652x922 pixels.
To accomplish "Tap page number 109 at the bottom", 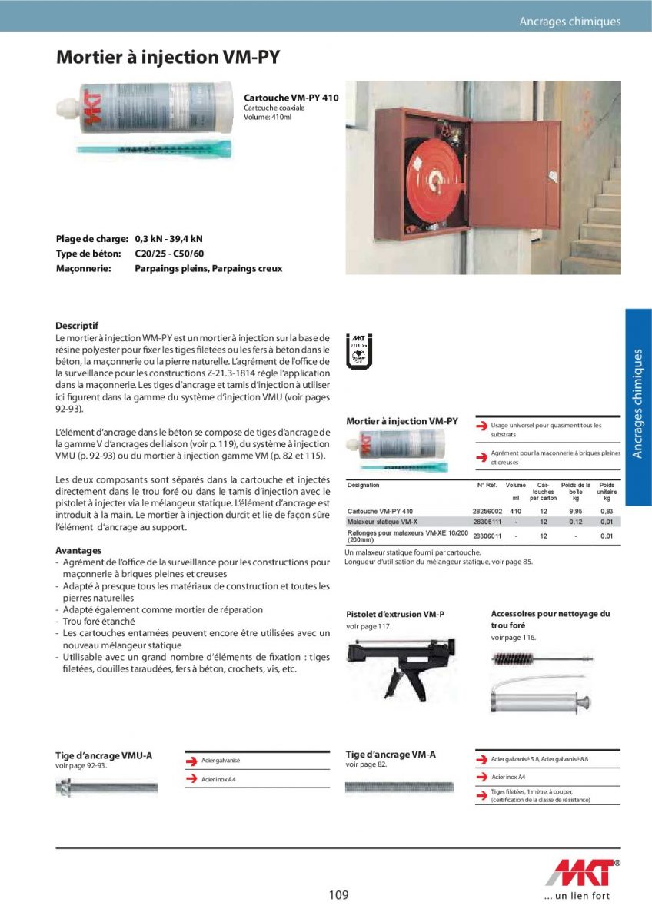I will (338, 895).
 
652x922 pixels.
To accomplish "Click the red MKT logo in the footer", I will (584, 874).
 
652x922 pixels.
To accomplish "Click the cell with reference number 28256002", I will (487, 511).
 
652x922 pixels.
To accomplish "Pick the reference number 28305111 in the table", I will (487, 522).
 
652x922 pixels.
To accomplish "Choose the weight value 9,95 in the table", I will (575, 511).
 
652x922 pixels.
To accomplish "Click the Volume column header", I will (516, 486).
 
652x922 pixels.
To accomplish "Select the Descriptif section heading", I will (77, 326).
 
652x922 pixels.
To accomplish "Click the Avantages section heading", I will (78, 551).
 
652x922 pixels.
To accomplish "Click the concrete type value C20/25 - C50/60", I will (169, 254).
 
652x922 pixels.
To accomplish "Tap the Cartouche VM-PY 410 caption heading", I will (291, 98).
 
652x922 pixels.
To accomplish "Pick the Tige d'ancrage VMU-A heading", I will (104, 755).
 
